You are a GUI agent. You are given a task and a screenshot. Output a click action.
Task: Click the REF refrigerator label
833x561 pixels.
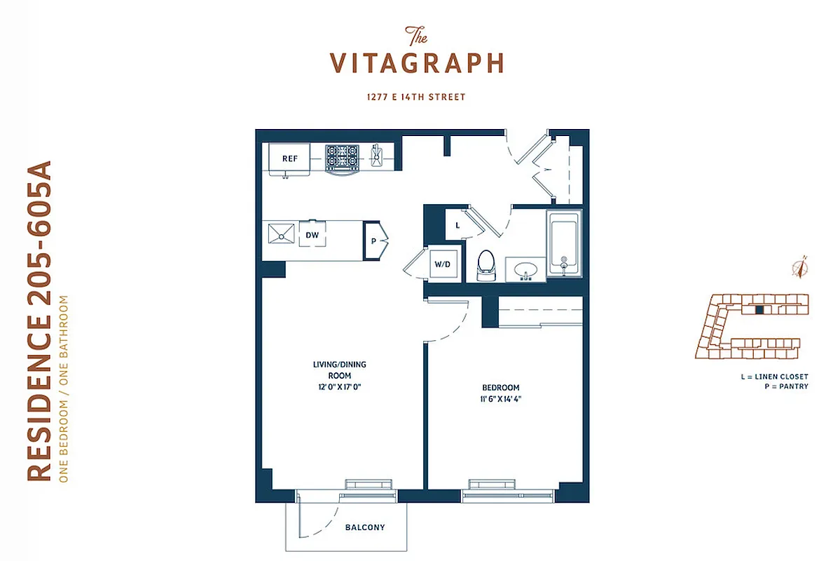290,158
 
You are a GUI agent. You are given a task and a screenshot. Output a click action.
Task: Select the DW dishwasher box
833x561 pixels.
312,236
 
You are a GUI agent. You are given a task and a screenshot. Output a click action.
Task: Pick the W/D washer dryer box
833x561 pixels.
442,265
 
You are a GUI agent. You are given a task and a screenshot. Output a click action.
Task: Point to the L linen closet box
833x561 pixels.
457,225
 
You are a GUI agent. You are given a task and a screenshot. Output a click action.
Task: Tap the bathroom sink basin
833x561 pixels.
524,269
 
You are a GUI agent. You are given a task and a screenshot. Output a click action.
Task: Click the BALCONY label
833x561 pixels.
365,527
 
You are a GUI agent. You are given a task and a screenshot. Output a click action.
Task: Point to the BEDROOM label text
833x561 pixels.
500,388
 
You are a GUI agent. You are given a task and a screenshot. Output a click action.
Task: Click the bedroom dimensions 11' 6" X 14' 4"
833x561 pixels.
500,399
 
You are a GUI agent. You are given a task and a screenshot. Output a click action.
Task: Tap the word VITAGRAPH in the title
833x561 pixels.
417,63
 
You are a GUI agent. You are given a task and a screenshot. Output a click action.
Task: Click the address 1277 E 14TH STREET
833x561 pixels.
416,97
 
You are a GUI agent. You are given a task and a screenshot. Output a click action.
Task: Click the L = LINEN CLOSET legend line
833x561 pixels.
775,377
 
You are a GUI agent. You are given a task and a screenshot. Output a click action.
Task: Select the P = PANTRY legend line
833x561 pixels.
787,386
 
